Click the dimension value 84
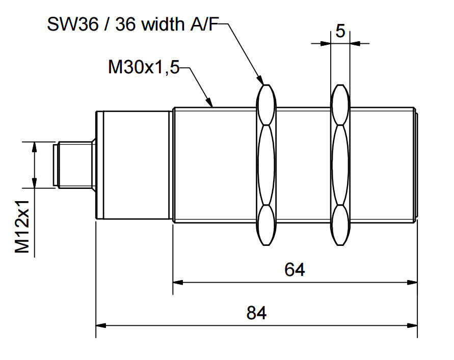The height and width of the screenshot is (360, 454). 257,313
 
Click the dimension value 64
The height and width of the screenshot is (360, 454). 295,269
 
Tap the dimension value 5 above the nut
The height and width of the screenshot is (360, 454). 340,31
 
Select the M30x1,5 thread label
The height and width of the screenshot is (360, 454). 144,67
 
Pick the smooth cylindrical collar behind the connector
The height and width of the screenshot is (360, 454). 133,165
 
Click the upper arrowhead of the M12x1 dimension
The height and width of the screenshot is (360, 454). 34,146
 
